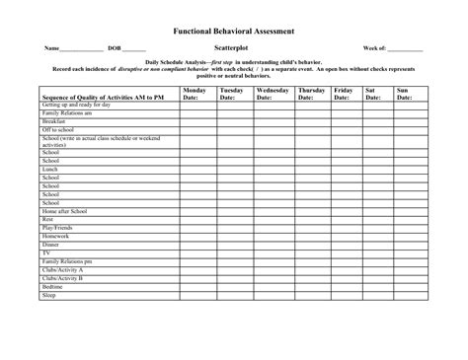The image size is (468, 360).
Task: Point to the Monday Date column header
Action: click(195, 94)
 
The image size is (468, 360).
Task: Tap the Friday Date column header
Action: click(345, 94)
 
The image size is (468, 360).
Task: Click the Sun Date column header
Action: click(403, 94)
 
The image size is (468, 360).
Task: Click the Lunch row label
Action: click(50, 170)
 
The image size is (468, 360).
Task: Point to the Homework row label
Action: click(55, 237)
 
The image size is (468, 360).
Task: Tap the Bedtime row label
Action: click(53, 286)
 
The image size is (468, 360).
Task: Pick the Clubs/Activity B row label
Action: click(62, 278)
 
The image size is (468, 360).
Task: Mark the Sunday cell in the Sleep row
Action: click(403, 294)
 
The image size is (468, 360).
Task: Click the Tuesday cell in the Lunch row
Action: click(233, 170)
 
